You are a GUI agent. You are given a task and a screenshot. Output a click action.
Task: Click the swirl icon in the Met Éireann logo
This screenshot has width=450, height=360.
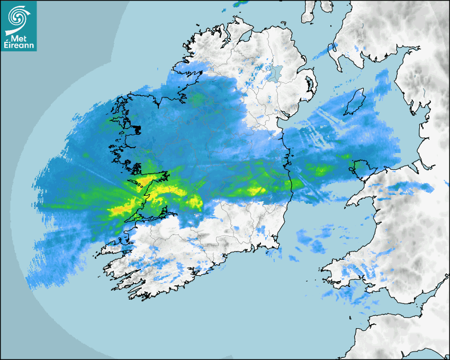[x=19, y=17]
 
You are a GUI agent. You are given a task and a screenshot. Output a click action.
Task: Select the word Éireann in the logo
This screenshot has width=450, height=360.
[x=20, y=45]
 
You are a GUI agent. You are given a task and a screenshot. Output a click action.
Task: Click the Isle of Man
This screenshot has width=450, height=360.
[x=355, y=102]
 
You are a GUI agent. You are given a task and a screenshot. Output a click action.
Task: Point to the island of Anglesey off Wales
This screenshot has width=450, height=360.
[x=361, y=168]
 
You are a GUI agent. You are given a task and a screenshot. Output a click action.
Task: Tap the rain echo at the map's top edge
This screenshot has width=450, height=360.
[x=241, y=3]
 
